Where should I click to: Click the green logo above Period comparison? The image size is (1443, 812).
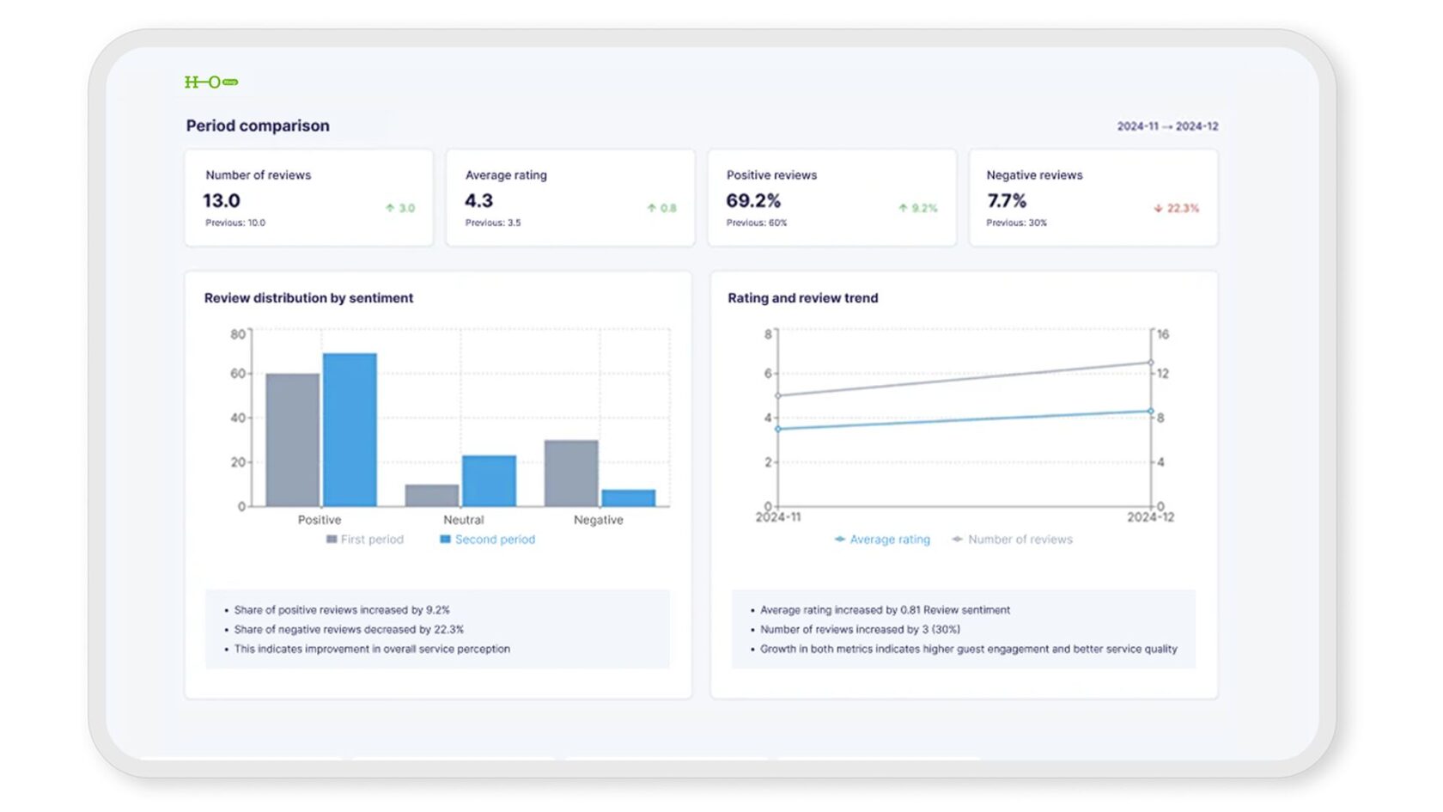(211, 82)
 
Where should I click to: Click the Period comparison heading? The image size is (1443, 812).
(258, 126)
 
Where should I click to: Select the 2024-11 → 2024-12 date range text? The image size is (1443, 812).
(1167, 126)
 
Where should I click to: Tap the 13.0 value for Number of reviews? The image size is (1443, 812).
(222, 201)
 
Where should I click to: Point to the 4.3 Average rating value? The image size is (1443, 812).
(479, 201)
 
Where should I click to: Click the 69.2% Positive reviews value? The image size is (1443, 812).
(753, 201)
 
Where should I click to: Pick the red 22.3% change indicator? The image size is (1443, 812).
(1177, 209)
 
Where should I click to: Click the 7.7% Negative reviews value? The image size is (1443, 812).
(1007, 201)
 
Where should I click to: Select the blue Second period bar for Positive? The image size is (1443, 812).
(350, 430)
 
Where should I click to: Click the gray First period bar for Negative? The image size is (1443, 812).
(571, 473)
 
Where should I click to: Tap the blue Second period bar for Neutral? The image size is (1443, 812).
(489, 481)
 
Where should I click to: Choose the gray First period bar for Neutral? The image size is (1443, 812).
(432, 496)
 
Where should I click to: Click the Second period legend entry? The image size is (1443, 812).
(488, 540)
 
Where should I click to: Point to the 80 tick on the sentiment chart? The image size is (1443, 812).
(237, 334)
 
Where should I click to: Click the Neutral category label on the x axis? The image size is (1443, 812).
(464, 520)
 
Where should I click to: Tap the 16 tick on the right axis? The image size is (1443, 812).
(1163, 334)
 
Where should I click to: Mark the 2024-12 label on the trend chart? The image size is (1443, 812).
(1150, 517)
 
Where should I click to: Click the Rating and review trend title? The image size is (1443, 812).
(803, 298)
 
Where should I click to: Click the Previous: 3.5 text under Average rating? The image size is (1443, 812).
(493, 223)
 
